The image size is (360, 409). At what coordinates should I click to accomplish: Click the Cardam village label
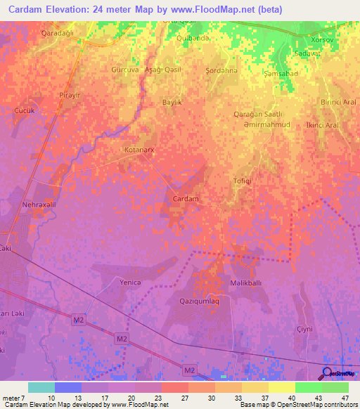(186, 199)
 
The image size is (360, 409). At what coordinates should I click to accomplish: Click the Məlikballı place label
(245, 283)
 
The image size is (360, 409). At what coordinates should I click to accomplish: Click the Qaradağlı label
(38, 33)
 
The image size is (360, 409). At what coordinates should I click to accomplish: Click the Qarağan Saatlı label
(258, 114)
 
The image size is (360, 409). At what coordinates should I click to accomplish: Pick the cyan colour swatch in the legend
(41, 387)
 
